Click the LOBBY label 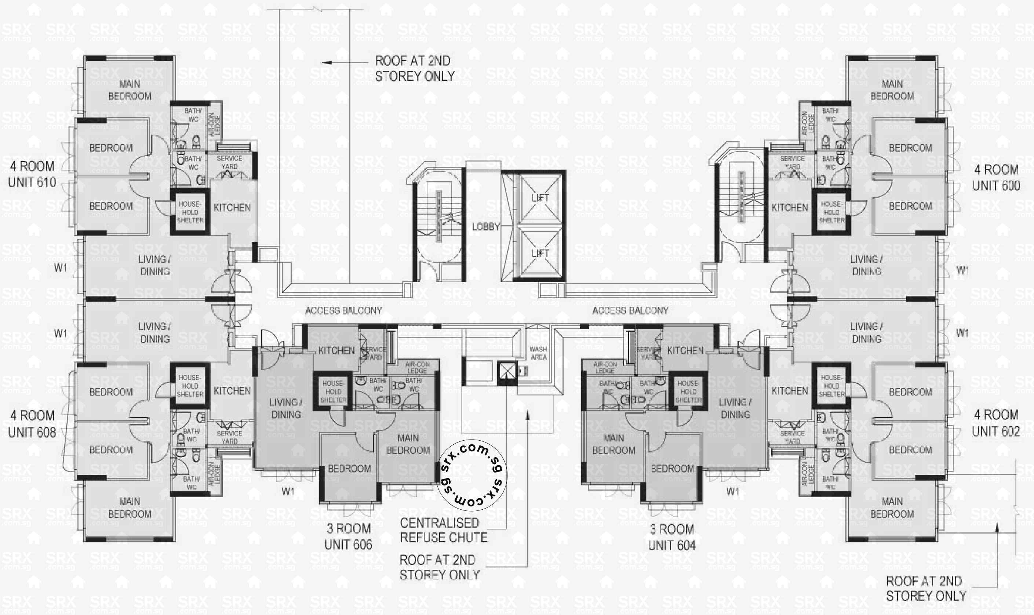click(x=485, y=227)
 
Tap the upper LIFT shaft click(x=540, y=199)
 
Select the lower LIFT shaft click(x=540, y=253)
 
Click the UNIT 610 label click(x=32, y=182)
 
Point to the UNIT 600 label click(x=996, y=186)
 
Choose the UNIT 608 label click(x=32, y=432)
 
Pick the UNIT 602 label click(x=996, y=432)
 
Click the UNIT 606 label click(x=348, y=545)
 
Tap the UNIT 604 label click(x=671, y=545)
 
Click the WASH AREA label click(x=539, y=353)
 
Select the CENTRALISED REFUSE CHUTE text click(x=443, y=530)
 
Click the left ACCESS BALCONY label click(x=343, y=310)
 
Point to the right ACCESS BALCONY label click(x=630, y=310)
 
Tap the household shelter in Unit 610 click(x=190, y=212)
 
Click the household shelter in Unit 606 click(x=333, y=392)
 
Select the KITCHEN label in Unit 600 click(x=790, y=207)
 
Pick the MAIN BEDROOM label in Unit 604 click(x=614, y=444)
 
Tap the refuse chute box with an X click(x=507, y=371)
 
